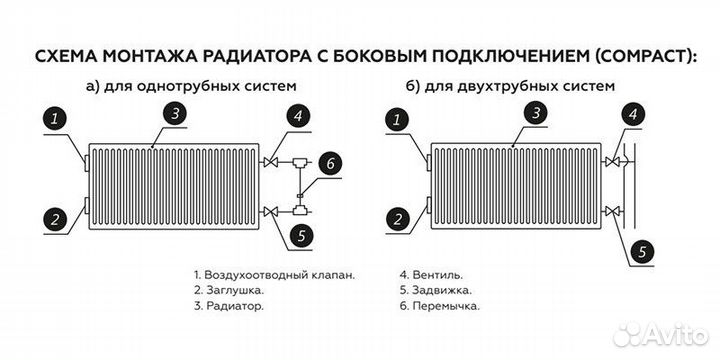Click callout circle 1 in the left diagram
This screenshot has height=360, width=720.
click(x=57, y=121)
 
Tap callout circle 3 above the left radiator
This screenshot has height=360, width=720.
click(x=175, y=113)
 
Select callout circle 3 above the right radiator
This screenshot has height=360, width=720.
click(x=537, y=113)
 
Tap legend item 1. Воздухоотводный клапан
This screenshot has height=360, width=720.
click(x=274, y=272)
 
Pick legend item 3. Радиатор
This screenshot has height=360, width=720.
click(x=229, y=306)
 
